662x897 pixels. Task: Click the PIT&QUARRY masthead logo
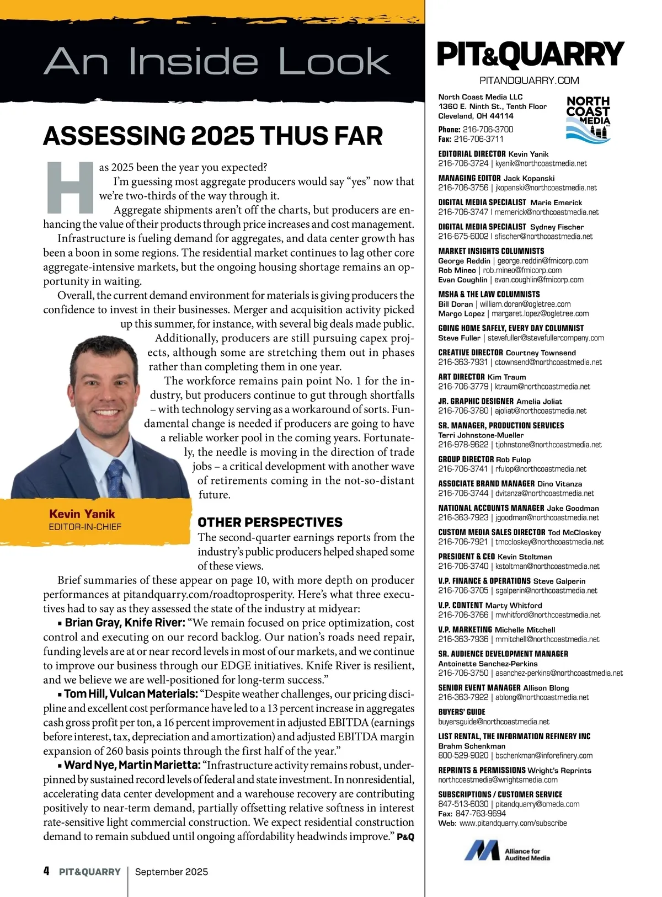tap(530, 55)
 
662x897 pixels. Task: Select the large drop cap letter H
tap(70, 188)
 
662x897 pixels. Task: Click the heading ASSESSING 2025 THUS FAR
tap(212, 136)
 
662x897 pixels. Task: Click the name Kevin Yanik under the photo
tap(82, 514)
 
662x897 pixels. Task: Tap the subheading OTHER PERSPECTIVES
tap(270, 522)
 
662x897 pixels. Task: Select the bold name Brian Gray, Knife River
tap(125, 623)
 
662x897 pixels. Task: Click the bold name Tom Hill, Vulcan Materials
tap(131, 694)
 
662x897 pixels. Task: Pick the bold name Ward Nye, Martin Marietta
tap(132, 765)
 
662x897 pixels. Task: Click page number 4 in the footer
tap(46, 871)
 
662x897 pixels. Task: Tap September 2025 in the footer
tap(172, 872)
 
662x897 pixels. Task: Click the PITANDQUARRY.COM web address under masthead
tap(529, 81)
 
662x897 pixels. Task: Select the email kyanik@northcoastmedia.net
tap(541, 164)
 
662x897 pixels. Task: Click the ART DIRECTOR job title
tap(461, 377)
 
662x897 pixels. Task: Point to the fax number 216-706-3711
tap(478, 139)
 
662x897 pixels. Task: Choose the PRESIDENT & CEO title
tap(466, 557)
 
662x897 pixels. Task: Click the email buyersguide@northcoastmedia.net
tap(494, 722)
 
